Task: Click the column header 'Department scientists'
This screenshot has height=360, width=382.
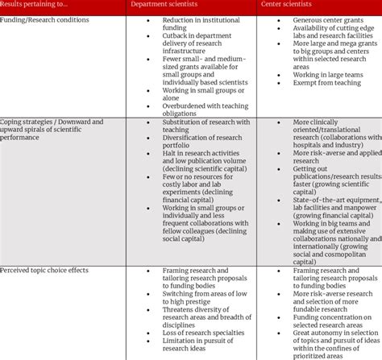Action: coord(165,6)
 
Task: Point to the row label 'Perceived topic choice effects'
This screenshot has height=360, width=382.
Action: coord(46,269)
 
